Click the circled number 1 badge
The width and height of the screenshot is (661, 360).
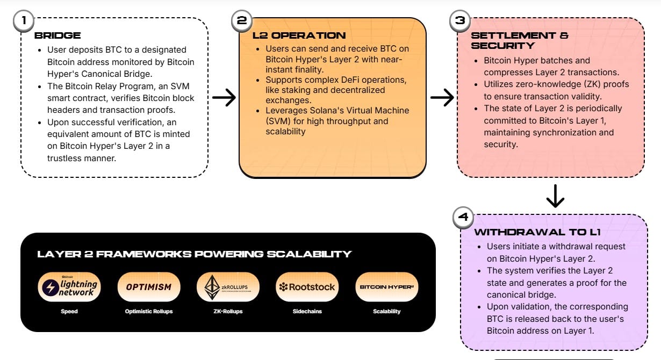(x=23, y=21)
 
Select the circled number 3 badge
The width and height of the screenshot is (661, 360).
(x=460, y=21)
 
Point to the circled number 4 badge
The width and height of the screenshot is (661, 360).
(x=463, y=218)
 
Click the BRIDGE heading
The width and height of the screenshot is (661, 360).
(x=58, y=36)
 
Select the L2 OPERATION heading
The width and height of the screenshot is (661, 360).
(x=299, y=36)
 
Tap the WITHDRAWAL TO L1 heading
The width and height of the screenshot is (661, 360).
(x=537, y=233)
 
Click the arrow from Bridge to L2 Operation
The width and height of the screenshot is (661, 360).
(x=224, y=97)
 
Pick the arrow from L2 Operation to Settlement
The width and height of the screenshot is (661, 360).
(x=442, y=97)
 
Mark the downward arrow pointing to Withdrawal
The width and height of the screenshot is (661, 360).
(x=555, y=197)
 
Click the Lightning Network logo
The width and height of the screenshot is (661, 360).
(x=69, y=287)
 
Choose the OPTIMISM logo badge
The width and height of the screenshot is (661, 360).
(x=148, y=287)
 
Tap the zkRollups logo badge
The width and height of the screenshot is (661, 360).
(x=228, y=287)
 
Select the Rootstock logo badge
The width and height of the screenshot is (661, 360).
(x=307, y=287)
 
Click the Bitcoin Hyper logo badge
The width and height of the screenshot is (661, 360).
(x=386, y=287)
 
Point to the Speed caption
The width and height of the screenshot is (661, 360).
(x=69, y=311)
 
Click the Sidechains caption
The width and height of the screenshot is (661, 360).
(x=307, y=311)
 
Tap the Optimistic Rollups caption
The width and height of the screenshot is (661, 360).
(x=148, y=311)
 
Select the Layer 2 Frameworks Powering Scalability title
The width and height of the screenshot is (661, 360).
(x=195, y=254)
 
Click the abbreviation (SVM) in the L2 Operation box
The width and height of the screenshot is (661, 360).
(x=278, y=121)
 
